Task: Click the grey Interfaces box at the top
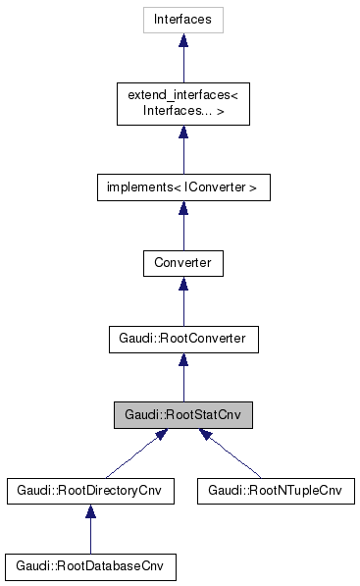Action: pyautogui.click(x=182, y=19)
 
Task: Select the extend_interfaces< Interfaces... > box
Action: pyautogui.click(x=182, y=101)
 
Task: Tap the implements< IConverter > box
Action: pyautogui.click(x=182, y=186)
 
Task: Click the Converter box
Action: pyautogui.click(x=182, y=263)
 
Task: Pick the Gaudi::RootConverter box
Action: pyautogui.click(x=182, y=339)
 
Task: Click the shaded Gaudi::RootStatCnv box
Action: pyautogui.click(x=182, y=414)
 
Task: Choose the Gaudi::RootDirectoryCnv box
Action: pyautogui.click(x=90, y=490)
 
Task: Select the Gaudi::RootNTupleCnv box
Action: pyautogui.click(x=275, y=490)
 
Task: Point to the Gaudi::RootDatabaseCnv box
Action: pyautogui.click(x=90, y=566)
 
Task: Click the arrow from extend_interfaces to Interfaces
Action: pyautogui.click(x=182, y=59)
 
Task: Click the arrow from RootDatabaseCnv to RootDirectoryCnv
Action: pyautogui.click(x=90, y=530)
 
